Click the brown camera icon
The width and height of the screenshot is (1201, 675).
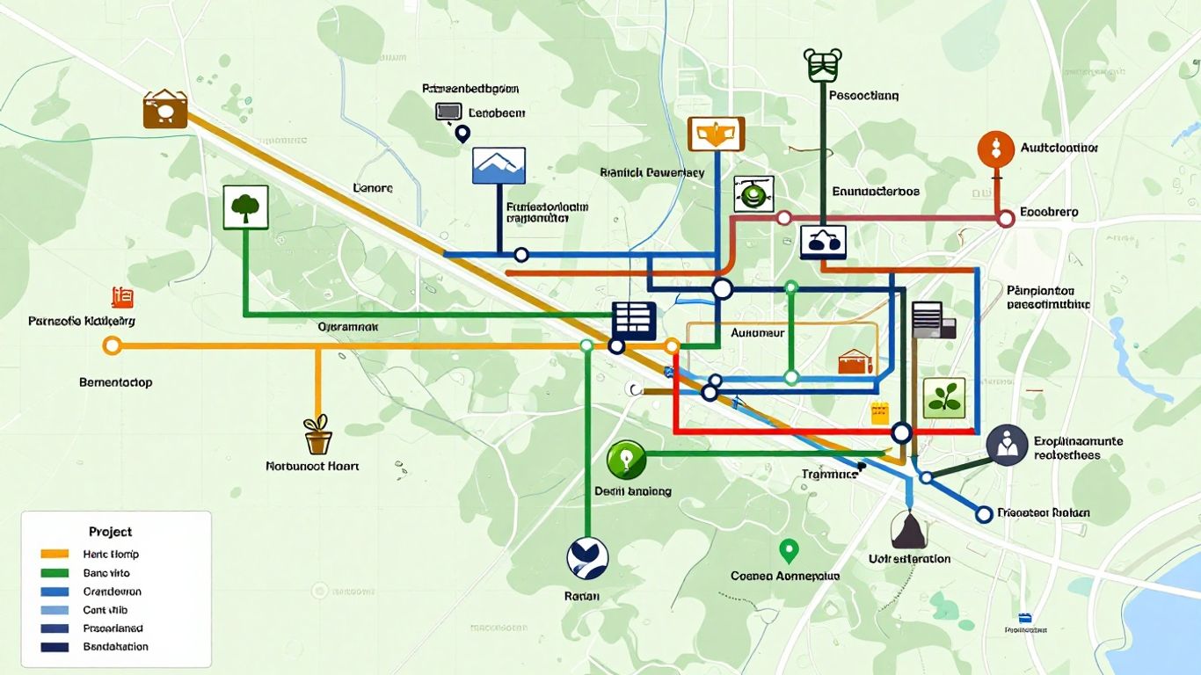click(165, 110)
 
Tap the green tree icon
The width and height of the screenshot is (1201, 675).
click(245, 207)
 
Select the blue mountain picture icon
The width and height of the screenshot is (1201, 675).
click(499, 165)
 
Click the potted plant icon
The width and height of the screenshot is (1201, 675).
click(317, 435)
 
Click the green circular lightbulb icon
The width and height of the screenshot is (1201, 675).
click(626, 460)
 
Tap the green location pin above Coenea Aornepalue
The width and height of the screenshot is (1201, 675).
click(789, 551)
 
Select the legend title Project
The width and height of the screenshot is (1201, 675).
click(111, 532)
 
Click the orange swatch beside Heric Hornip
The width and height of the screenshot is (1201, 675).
click(55, 555)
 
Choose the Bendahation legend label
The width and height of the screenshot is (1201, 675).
click(115, 647)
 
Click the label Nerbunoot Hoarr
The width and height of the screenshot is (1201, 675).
click(312, 467)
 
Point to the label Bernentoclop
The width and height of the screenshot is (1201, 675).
click(115, 382)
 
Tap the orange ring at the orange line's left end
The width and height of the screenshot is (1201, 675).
click(112, 345)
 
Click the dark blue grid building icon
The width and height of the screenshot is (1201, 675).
click(634, 321)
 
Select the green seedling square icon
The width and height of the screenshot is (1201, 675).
click(944, 398)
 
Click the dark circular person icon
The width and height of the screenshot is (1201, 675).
click(1007, 445)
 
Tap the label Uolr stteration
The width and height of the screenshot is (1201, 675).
click(909, 559)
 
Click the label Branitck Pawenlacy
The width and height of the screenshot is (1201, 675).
click(651, 173)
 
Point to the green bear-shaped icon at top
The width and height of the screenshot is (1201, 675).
click(823, 64)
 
